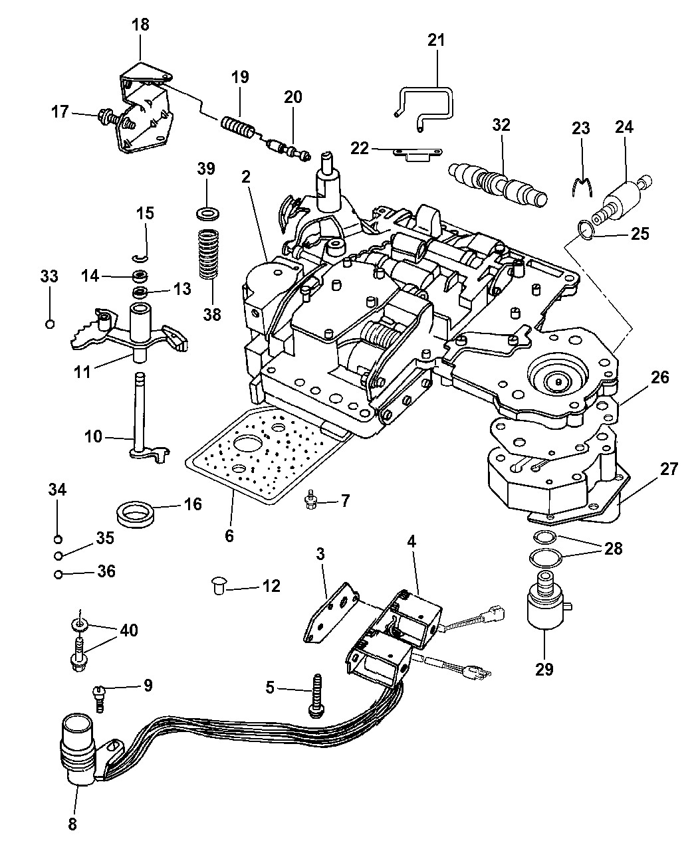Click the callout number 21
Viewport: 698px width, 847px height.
[435, 40]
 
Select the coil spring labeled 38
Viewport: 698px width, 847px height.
[211, 254]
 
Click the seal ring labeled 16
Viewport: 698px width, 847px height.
[141, 514]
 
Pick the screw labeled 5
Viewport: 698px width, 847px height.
[317, 694]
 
